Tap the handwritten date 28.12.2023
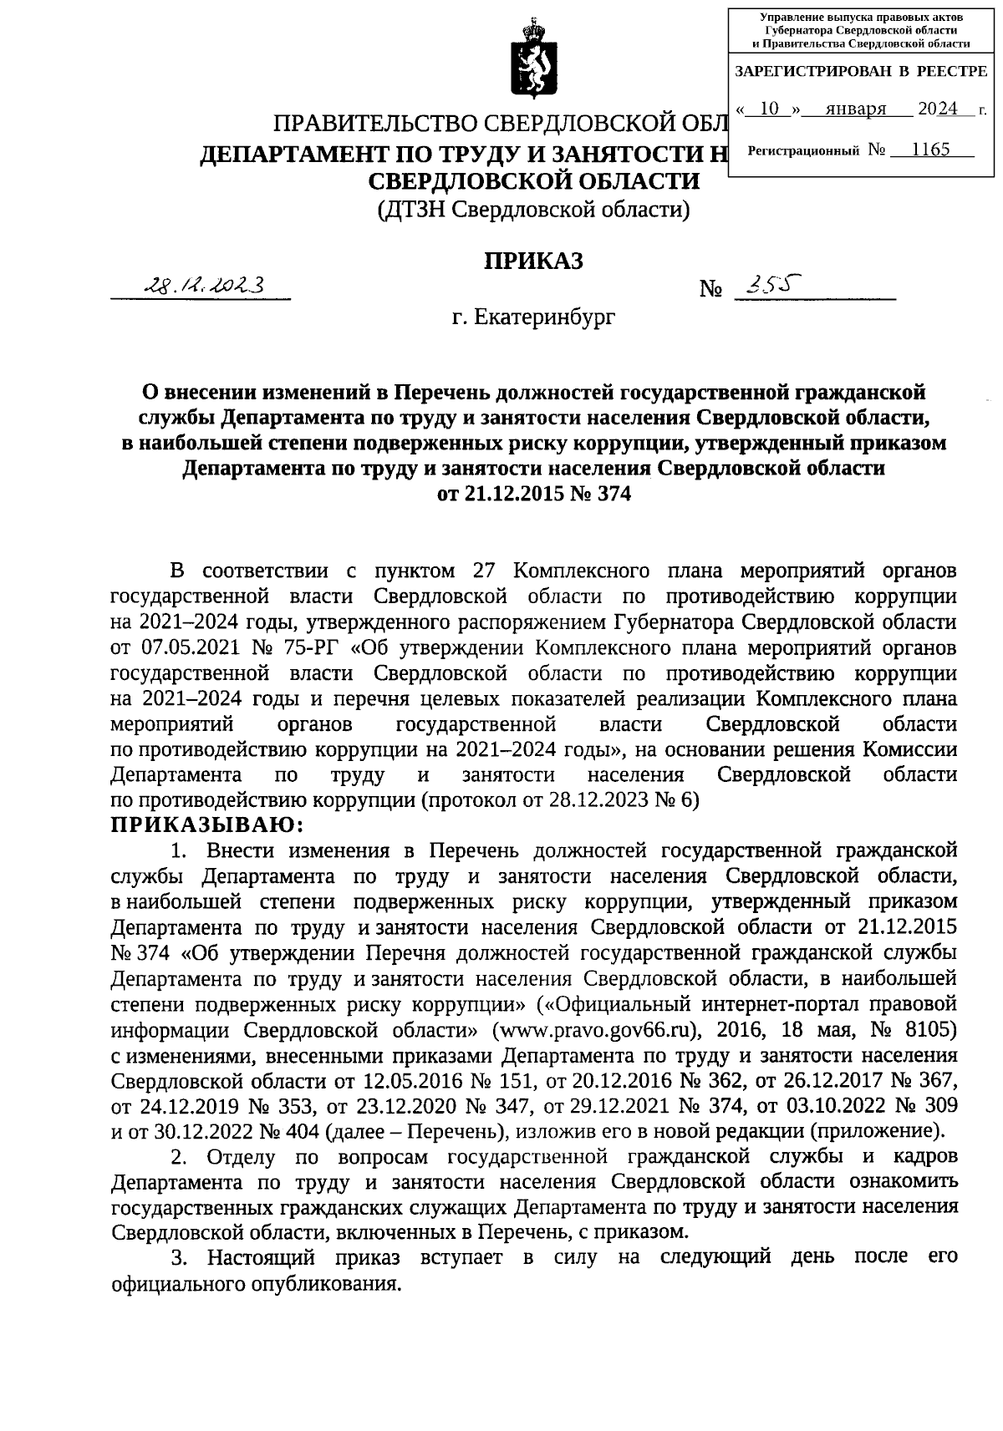(204, 286)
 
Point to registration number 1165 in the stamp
(930, 150)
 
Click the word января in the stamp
(854, 109)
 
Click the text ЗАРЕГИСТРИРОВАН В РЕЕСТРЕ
(860, 72)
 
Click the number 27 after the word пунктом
(485, 571)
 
